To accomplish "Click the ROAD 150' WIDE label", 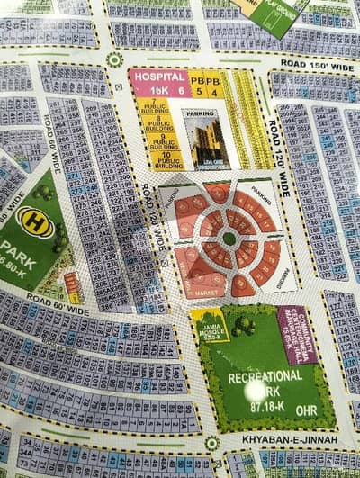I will (x=317, y=65).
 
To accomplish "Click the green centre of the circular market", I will (x=230, y=238).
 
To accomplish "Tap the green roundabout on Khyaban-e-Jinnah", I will (x=211, y=443).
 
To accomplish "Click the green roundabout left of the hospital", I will (x=114, y=60).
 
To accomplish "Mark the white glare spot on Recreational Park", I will (x=259, y=390).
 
